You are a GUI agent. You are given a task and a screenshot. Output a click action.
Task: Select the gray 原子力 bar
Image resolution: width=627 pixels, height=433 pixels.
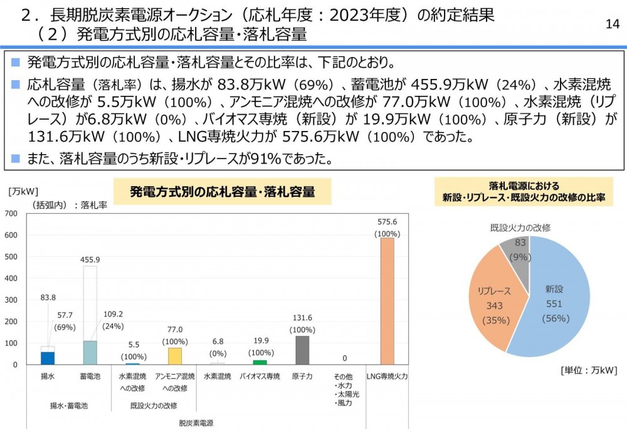[x=302, y=350]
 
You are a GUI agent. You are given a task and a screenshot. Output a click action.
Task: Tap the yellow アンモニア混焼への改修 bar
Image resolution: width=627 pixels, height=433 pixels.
[x=175, y=356]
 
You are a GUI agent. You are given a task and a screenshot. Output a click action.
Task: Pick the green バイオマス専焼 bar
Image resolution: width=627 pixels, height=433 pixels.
[x=260, y=362]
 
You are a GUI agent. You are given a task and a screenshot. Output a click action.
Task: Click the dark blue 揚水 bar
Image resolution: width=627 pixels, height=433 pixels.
[x=48, y=358]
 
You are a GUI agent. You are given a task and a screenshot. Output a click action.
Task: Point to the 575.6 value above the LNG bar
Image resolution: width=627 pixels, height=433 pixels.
[x=387, y=222]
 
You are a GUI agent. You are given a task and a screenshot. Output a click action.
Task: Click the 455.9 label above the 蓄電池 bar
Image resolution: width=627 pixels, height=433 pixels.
[x=90, y=259]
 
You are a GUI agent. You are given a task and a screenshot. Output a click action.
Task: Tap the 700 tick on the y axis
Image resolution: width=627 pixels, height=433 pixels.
[x=11, y=214]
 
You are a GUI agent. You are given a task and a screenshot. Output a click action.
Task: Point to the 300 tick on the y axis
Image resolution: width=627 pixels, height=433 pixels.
[x=11, y=300]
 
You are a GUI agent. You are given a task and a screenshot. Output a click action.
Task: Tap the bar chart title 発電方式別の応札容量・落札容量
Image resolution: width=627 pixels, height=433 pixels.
[x=222, y=192]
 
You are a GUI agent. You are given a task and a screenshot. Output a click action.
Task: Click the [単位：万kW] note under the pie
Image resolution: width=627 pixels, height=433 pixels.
[x=589, y=370]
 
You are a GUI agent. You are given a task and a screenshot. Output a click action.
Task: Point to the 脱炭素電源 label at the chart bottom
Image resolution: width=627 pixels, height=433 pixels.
[x=196, y=423]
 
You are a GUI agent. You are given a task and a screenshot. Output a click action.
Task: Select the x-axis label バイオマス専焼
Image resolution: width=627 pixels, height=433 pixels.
[x=260, y=377]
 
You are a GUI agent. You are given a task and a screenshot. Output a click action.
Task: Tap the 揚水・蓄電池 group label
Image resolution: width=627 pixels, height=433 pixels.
[x=69, y=405]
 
